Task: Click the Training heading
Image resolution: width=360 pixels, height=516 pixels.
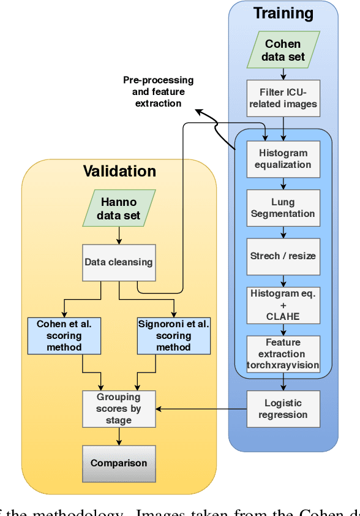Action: pos(283,13)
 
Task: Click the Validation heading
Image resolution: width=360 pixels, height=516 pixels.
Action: pos(119,171)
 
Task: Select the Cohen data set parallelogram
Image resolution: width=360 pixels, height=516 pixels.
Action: pos(283,50)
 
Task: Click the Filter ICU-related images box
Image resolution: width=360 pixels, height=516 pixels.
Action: pos(283,97)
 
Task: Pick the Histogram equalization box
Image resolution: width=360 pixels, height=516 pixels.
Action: pos(283,159)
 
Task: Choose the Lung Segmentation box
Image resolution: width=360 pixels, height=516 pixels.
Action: pos(283,208)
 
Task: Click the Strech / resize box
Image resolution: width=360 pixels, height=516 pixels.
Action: pos(283,255)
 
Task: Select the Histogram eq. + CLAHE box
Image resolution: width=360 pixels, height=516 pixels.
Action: pos(283,305)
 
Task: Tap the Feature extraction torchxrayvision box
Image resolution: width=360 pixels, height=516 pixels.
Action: pos(283,354)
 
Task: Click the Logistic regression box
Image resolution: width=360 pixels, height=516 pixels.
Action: pos(283,409)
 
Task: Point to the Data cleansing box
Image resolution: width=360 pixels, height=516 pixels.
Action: pos(119,262)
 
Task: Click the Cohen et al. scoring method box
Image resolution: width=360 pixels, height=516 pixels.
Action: pos(64,335)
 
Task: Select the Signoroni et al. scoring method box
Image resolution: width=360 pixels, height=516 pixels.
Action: pos(173,335)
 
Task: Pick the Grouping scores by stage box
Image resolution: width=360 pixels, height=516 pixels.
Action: pos(119,409)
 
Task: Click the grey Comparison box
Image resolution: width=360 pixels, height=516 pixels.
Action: pos(119,463)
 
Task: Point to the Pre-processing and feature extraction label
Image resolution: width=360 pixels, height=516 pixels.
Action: pos(158,91)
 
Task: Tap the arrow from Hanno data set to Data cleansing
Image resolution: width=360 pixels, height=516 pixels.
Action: pos(119,235)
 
